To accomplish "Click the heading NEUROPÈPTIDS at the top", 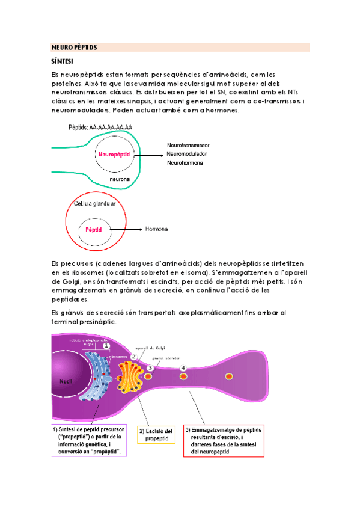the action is point(74,47).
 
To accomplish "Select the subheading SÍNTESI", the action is point(63,61).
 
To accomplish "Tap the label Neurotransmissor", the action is point(188,146).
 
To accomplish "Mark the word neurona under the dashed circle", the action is point(120,179).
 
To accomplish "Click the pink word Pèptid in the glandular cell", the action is point(94,230).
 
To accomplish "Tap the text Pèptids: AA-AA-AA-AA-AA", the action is point(101,127).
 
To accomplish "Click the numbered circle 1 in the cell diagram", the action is point(106,345).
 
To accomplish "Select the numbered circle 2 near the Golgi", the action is point(135,357).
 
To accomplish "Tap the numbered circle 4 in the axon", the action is point(183,367).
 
